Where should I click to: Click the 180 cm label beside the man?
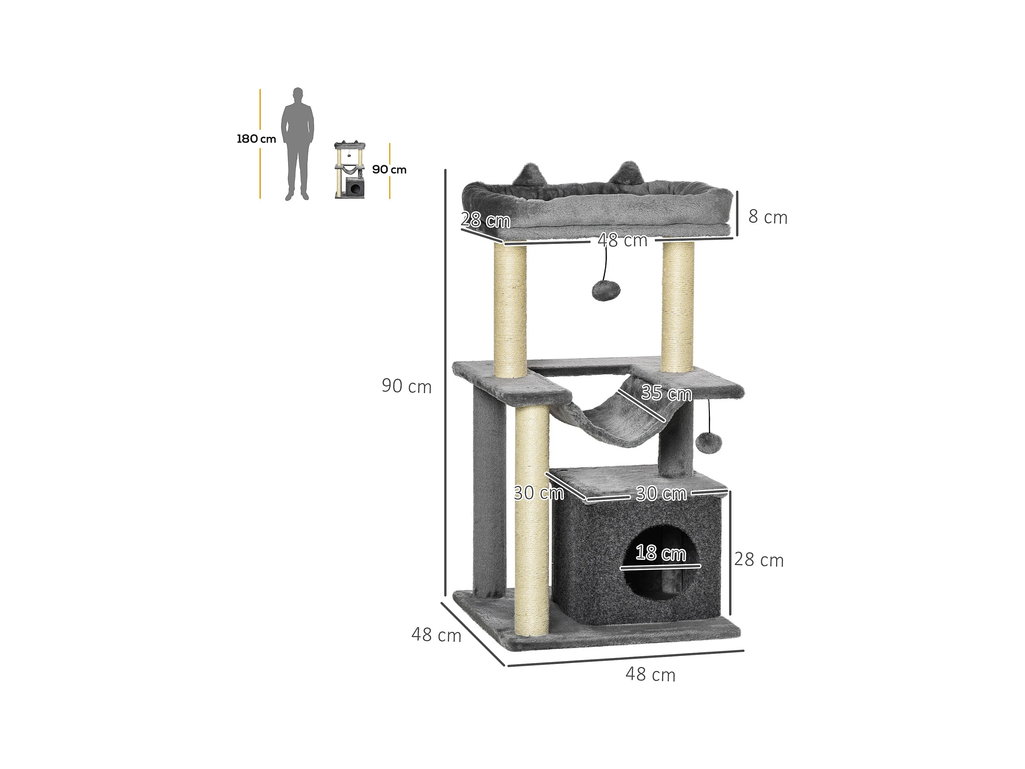pos(256,139)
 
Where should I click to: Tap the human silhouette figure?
pos(297,144)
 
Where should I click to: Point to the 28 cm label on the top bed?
pos(486,220)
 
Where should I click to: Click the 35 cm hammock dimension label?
pos(666,393)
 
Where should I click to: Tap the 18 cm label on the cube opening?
pos(661,553)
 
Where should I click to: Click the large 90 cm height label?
pos(406,386)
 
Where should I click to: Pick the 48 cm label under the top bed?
pos(622,240)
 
